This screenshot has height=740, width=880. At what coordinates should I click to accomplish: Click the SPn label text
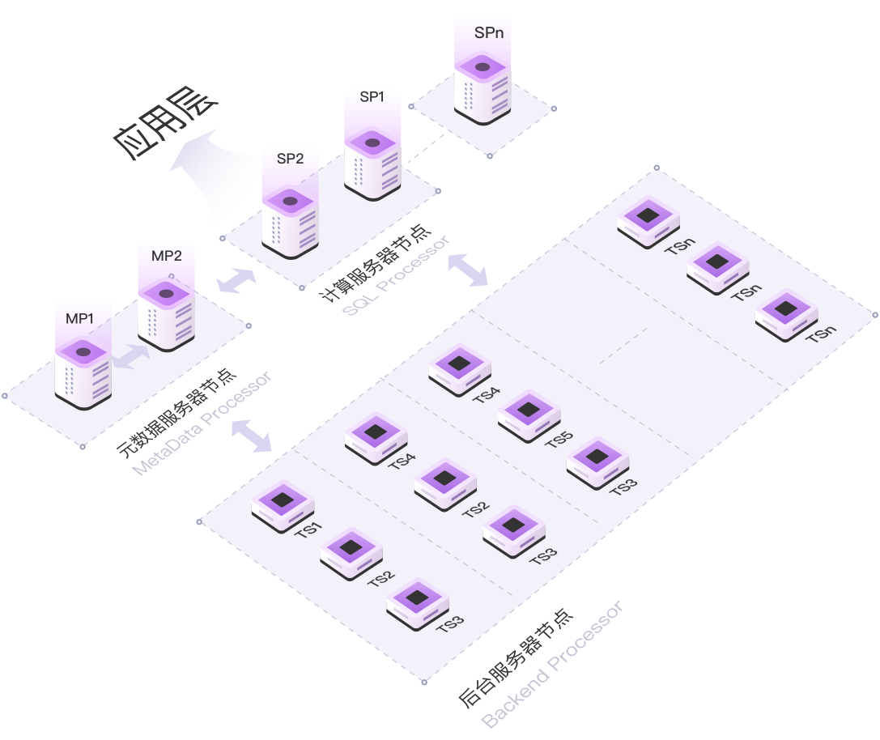(489, 34)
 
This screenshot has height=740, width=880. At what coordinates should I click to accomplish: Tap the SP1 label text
(372, 97)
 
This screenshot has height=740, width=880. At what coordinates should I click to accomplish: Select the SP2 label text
(290, 159)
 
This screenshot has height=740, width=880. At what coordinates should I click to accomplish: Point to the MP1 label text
(80, 319)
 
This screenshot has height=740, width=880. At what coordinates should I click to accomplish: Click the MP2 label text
(167, 256)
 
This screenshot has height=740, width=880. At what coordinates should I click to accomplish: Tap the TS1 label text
(308, 530)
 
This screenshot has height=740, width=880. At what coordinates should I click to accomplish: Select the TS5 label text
(559, 440)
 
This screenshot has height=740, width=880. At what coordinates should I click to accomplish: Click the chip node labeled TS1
(282, 504)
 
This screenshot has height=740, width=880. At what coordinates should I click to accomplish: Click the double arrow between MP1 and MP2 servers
(133, 357)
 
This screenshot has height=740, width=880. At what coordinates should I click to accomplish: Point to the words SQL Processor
(396, 278)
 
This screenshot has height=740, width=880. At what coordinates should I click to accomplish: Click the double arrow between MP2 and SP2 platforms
(237, 281)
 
